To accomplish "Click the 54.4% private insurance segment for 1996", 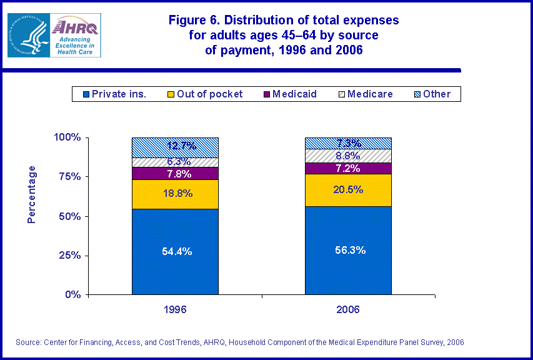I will tap(175, 251).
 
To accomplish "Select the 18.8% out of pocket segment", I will tap(175, 194).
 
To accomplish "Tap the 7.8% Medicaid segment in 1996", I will tap(175, 173).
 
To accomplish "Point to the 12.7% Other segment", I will tap(175, 147).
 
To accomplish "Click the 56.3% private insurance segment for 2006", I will tap(348, 250).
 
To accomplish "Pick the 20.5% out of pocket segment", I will tap(348, 190).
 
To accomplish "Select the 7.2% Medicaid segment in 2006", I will tap(348, 168).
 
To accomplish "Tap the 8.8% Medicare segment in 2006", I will tap(348, 156).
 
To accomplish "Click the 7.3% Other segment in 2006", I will tap(348, 143).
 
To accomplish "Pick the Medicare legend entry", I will tap(365, 94).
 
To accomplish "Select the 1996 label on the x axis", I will tap(175, 309).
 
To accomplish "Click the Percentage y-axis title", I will tap(32, 194).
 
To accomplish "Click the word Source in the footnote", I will tap(29, 342).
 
